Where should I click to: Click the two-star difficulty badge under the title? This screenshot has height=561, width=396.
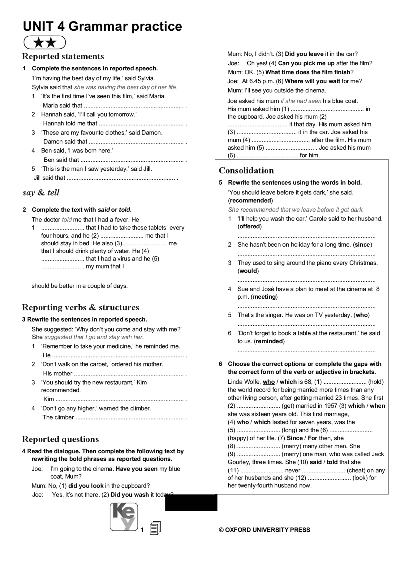(x=45, y=42)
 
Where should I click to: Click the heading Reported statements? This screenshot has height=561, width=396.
(x=63, y=56)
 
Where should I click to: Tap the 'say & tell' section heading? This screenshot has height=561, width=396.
(x=41, y=192)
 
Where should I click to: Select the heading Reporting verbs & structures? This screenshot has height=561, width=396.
(x=80, y=307)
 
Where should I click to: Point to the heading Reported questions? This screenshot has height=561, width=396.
(x=60, y=439)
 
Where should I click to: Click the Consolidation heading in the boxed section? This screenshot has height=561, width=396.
(x=246, y=170)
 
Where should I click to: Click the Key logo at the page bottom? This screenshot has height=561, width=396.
(x=124, y=516)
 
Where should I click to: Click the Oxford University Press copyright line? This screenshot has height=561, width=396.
(x=264, y=530)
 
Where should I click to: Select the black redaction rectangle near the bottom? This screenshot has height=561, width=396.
(x=191, y=502)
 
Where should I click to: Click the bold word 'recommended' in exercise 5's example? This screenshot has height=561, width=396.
(x=250, y=200)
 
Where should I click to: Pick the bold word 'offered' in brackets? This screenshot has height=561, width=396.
(x=249, y=226)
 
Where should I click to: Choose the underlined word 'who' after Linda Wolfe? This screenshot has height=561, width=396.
(x=269, y=382)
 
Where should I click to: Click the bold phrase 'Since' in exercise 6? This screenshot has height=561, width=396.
(x=295, y=438)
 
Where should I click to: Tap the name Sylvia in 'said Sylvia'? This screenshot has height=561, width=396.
(x=146, y=78)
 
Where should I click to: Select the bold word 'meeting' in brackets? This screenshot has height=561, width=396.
(x=264, y=297)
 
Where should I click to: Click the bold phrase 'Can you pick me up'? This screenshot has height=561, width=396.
(x=306, y=63)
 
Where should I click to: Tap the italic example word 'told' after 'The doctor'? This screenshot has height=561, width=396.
(x=67, y=220)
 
